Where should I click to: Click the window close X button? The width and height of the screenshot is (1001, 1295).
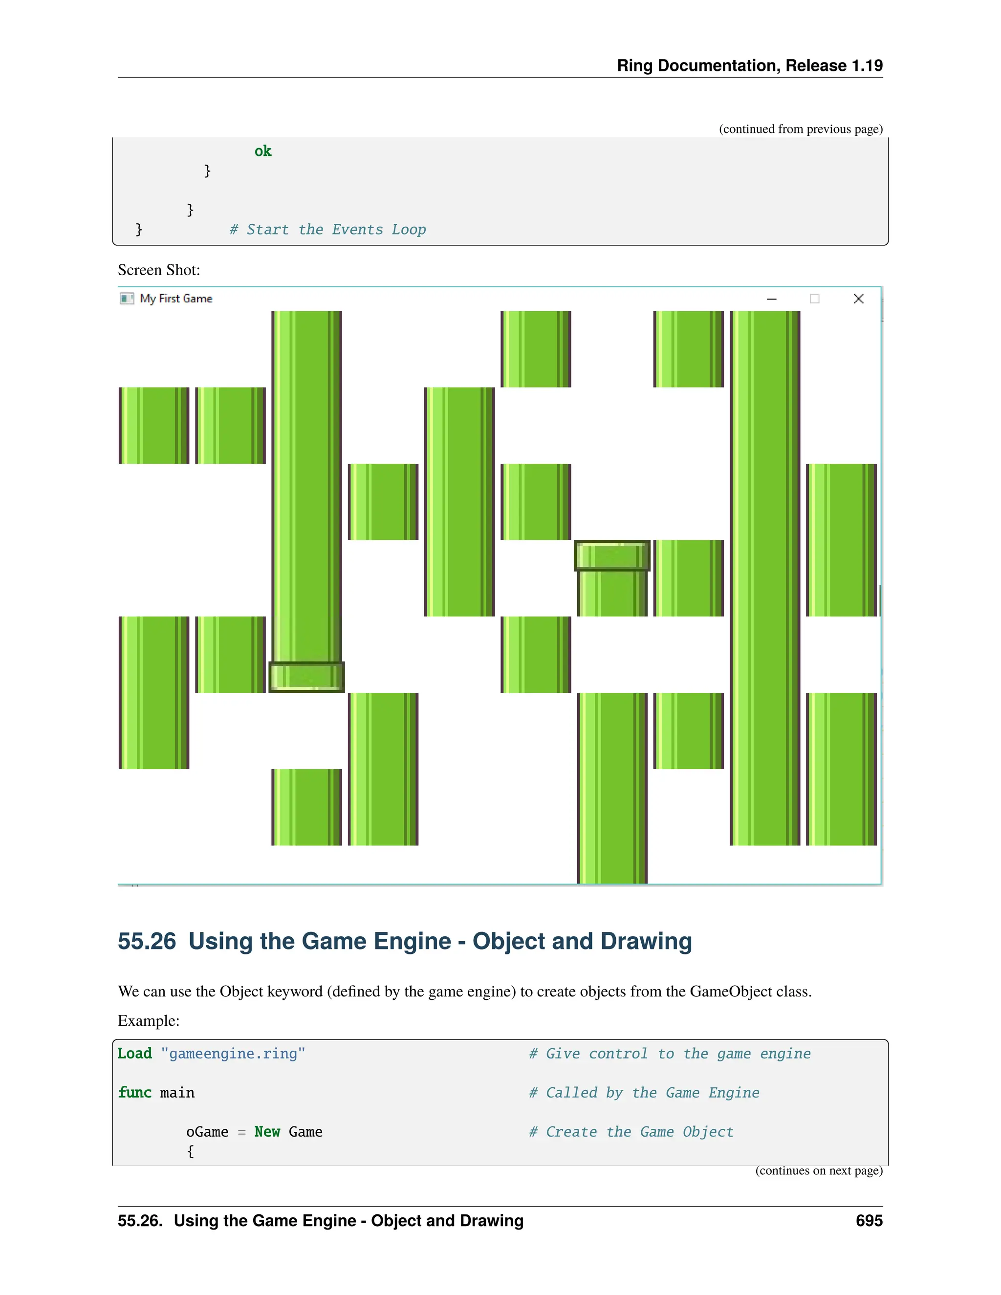coord(858,299)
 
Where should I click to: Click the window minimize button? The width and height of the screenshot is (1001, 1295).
coord(771,299)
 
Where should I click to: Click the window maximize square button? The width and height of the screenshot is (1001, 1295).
coord(815,299)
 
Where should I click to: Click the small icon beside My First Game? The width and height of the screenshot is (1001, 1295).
coord(126,298)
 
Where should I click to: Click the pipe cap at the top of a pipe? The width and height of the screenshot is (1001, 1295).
coord(612,556)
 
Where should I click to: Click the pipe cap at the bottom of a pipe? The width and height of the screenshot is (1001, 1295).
coord(306,677)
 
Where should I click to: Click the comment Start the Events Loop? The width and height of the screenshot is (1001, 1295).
coord(328,230)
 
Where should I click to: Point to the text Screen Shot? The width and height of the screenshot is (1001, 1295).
coord(159,270)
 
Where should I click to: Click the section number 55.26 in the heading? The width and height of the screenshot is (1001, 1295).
coord(147,942)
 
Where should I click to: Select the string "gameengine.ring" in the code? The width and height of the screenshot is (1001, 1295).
coord(233,1054)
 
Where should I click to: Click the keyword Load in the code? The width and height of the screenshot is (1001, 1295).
coord(134,1054)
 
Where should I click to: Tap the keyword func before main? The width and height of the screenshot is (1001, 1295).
coord(134,1093)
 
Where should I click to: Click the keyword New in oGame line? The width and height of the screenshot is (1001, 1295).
coord(267,1132)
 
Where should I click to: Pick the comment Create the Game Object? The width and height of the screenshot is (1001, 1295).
coord(631,1132)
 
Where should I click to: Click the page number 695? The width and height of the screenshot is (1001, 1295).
coord(869,1221)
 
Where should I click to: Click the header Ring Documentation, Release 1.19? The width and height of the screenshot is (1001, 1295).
coord(750,66)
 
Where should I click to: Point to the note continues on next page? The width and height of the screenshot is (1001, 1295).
coord(818,1171)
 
